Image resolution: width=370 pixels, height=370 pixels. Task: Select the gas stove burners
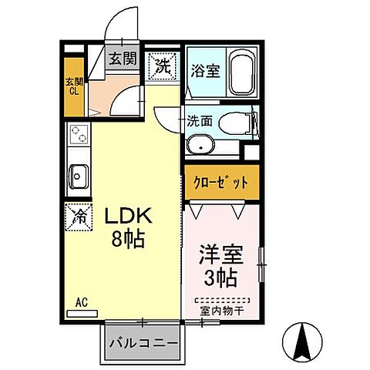79,137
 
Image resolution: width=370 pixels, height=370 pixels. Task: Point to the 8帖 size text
127,240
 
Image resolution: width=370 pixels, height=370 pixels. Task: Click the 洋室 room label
217,254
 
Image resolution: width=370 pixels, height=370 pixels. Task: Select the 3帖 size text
220,276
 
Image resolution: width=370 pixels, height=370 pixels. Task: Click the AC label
80,303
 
